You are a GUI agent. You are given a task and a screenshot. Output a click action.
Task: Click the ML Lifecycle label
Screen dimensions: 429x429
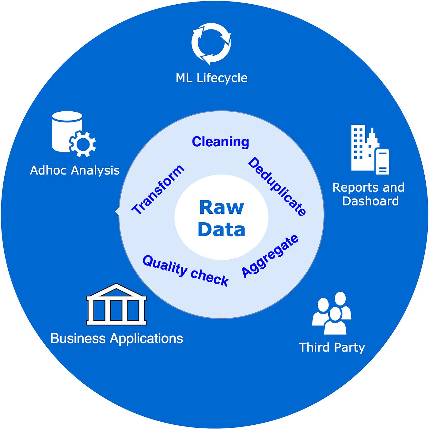click(211, 78)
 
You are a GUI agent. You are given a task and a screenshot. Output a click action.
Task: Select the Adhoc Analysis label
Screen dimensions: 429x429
click(75, 170)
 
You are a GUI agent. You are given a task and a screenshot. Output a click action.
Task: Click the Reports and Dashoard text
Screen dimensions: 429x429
click(369, 194)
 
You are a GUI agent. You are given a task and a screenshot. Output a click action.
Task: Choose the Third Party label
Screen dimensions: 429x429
click(332, 347)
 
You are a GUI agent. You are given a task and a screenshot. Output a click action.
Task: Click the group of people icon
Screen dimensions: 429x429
click(332, 313)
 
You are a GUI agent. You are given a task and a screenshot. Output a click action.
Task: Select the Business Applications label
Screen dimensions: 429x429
click(116, 339)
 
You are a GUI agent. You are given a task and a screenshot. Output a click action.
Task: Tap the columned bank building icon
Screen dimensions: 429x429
click(116, 304)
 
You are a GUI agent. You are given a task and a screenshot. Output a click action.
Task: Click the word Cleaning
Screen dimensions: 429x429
click(220, 142)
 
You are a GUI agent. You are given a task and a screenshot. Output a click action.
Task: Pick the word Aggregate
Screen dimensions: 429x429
click(270, 256)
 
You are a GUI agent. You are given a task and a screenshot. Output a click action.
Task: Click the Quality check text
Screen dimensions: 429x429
click(186, 271)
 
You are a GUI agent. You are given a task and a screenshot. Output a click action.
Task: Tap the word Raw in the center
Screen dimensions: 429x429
click(221, 207)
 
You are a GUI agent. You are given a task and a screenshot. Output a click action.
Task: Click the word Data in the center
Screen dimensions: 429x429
click(221, 229)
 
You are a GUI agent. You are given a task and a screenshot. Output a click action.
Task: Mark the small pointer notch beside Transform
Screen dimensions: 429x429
click(117, 212)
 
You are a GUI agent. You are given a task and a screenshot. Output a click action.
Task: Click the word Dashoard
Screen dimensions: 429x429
click(370, 201)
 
